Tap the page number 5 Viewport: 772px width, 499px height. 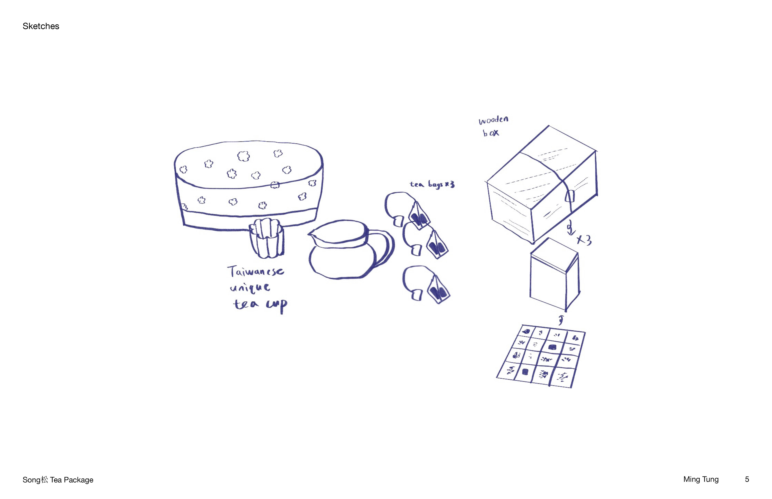[x=747, y=479]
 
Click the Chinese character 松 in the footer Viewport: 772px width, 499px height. [x=45, y=479]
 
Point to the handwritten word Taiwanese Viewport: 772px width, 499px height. [x=256, y=271]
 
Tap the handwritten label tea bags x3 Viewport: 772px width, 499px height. [x=432, y=184]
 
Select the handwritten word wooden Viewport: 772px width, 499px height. [x=493, y=120]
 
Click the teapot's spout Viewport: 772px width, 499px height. [x=312, y=234]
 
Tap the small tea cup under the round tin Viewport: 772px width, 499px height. [x=267, y=238]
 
